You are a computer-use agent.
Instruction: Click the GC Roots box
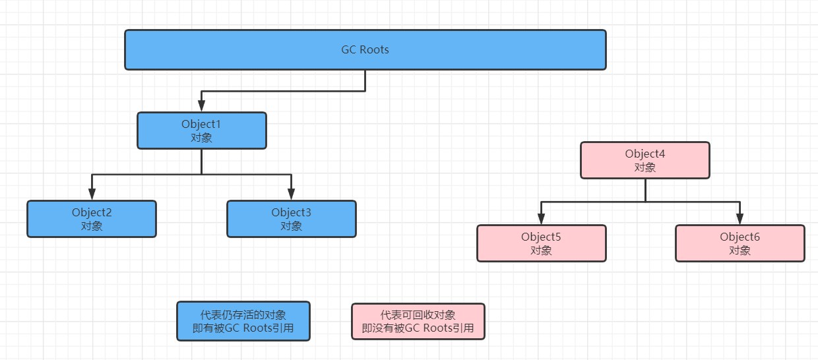coord(365,49)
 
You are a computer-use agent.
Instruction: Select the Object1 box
coord(201,131)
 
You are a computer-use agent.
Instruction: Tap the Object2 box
coord(92,219)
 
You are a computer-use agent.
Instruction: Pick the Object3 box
coord(291,219)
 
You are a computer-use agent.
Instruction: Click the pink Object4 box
coord(645,160)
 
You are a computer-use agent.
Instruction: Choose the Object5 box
coord(541,243)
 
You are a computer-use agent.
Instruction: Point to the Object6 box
coord(739,243)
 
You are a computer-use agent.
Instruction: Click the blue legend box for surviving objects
coord(243,321)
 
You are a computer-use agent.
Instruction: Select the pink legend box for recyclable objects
coord(418,321)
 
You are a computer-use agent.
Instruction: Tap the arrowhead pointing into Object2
coord(92,195)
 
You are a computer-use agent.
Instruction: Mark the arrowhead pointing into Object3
coord(291,195)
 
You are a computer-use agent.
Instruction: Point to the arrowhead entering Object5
coord(541,219)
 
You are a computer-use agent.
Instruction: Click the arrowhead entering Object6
coord(739,219)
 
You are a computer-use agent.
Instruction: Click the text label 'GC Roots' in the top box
coord(365,49)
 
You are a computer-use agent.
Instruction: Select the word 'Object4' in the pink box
coord(645,154)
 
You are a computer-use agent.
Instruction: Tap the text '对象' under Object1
coord(201,138)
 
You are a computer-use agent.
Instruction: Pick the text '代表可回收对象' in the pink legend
coord(418,315)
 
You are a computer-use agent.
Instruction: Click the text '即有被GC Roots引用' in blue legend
coord(243,328)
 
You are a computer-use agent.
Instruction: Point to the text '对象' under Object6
coord(739,251)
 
